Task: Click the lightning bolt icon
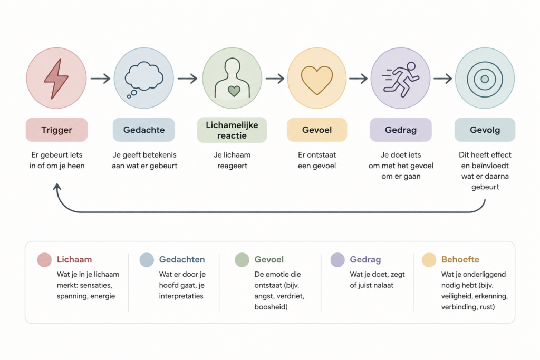[56, 79]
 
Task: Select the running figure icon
[401, 79]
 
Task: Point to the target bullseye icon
[485, 79]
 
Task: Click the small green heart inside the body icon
[234, 91]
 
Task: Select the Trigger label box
[57, 130]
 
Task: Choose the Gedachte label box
[144, 130]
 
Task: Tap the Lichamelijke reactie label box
[232, 130]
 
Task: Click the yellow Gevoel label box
[317, 130]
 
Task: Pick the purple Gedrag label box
[401, 130]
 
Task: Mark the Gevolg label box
[485, 130]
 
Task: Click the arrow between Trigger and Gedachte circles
[100, 79]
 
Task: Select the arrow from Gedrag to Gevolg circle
[443, 79]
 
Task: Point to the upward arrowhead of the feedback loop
[57, 187]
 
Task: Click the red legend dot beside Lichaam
[44, 260]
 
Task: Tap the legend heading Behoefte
[460, 259]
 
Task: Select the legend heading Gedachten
[182, 259]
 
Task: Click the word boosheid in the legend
[271, 307]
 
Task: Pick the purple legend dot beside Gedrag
[337, 260]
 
